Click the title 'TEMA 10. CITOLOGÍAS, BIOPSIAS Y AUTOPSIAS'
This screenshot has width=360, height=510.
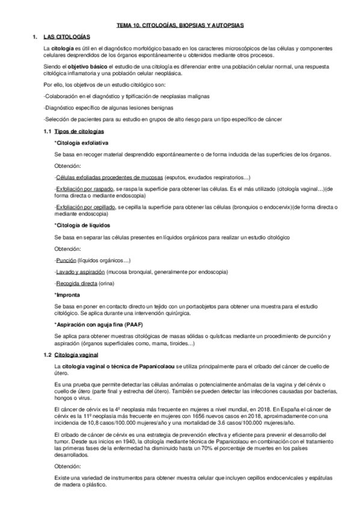tap(180, 25)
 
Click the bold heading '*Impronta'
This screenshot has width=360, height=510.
tap(67, 295)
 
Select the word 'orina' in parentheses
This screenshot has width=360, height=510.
tap(105, 283)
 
